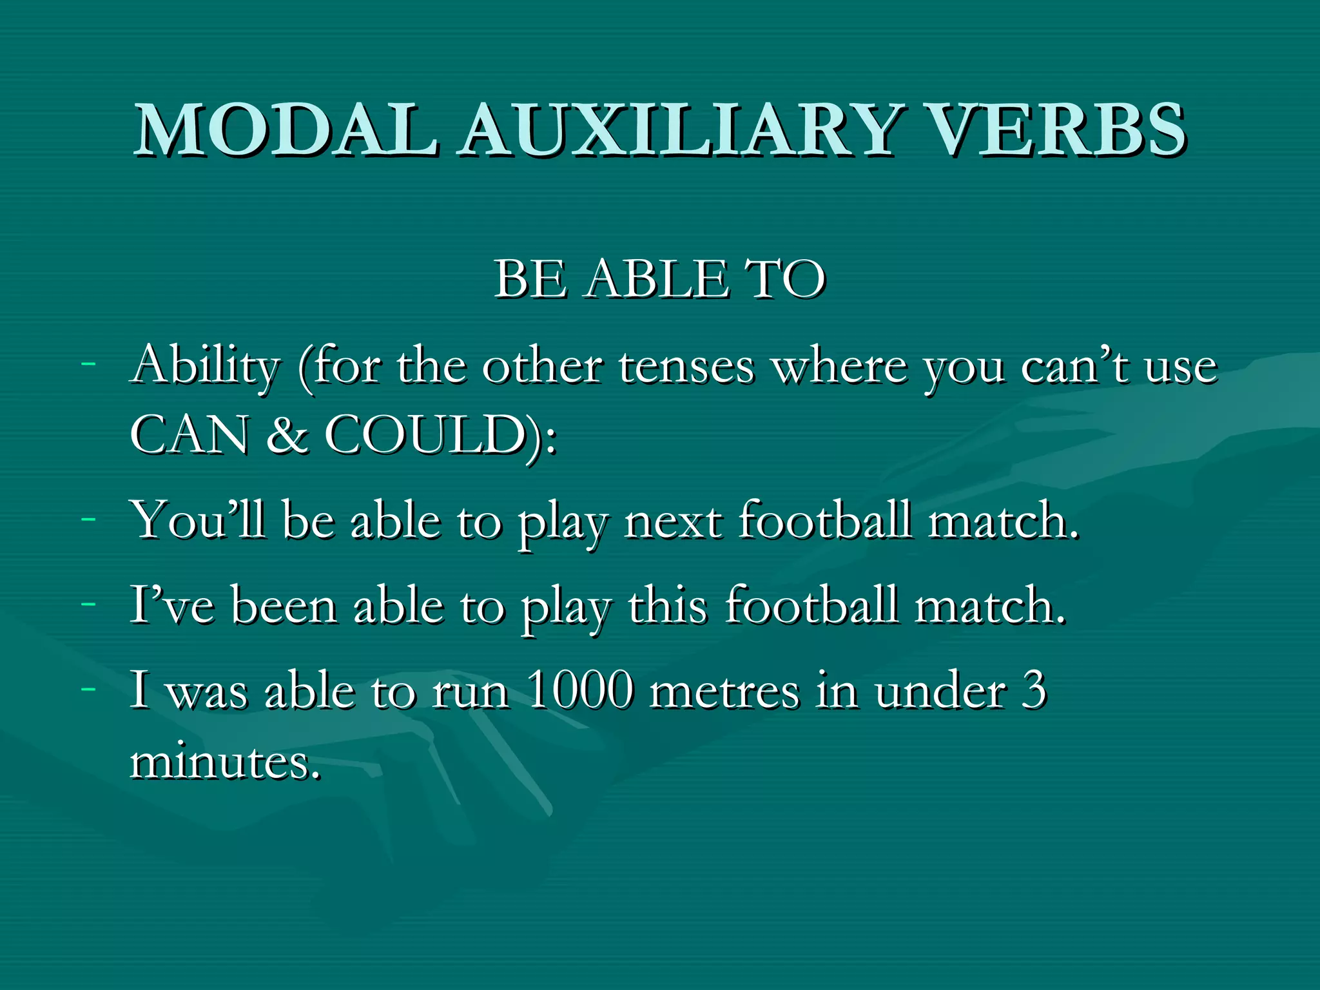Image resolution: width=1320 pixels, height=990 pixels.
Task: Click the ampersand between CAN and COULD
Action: point(287,436)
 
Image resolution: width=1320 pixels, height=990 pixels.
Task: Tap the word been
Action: point(284,607)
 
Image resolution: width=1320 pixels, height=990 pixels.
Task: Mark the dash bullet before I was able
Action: point(89,688)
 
